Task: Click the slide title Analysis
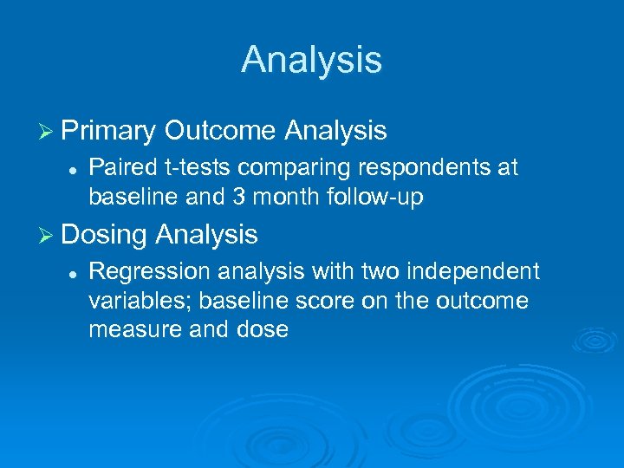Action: (x=311, y=60)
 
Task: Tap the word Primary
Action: (x=108, y=131)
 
